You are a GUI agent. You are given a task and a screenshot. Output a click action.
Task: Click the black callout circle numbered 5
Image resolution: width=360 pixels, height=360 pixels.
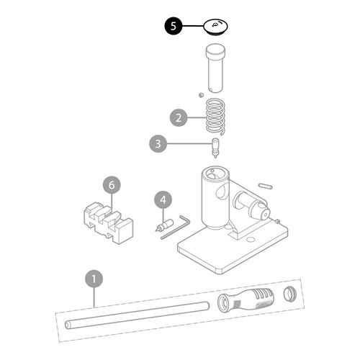(174, 26)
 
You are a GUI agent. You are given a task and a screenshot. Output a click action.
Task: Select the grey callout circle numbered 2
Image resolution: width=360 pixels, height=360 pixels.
(179, 118)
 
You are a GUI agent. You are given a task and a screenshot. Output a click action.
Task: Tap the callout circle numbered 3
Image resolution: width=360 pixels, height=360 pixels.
(158, 144)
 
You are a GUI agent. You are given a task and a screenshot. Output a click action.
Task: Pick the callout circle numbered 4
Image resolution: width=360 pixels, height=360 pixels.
(163, 200)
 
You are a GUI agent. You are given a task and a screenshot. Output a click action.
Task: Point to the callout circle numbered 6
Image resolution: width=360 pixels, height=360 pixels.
(112, 185)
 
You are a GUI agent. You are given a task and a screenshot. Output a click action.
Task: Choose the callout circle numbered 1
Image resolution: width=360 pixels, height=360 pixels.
(94, 279)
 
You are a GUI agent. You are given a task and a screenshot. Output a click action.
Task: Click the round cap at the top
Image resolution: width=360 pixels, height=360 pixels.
(215, 27)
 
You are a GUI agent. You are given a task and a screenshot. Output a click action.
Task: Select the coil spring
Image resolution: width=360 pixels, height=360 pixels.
(215, 117)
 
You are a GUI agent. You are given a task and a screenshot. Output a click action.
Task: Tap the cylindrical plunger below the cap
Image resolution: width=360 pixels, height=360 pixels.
(215, 68)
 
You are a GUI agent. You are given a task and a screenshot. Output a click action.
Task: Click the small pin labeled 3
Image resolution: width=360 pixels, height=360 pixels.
(215, 148)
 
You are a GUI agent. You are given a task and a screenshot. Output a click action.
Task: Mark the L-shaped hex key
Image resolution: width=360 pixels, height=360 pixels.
(175, 228)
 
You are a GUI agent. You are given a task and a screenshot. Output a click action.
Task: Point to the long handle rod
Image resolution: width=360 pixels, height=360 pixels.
(137, 315)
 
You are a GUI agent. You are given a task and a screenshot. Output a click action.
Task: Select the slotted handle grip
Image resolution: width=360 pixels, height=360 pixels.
(246, 301)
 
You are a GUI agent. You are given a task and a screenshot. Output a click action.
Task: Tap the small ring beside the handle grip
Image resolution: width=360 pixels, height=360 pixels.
(289, 294)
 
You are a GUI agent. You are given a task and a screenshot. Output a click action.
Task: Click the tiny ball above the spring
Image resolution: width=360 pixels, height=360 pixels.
(201, 95)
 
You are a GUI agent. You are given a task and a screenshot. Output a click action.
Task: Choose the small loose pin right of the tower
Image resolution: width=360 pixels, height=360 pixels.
(265, 186)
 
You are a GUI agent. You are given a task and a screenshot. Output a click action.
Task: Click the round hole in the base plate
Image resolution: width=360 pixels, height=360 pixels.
(251, 239)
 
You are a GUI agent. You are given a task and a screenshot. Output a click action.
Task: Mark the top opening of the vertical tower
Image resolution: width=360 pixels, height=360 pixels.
(215, 174)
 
